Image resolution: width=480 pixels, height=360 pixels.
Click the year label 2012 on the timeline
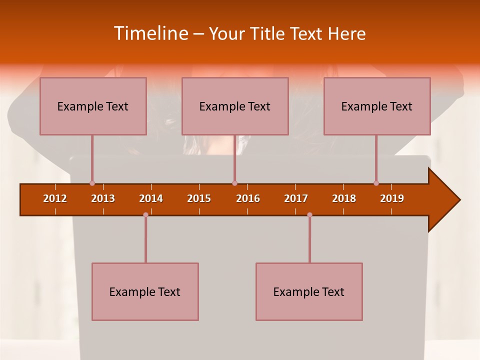55,198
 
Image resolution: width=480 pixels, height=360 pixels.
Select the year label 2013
103,198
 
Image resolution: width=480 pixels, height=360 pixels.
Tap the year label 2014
151,198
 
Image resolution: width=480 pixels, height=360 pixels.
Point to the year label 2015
199,198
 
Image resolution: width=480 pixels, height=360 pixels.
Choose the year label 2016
248,198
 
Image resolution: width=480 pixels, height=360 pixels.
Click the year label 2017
296,198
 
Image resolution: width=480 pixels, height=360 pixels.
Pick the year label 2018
344,198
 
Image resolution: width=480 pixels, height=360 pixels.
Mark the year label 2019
392,198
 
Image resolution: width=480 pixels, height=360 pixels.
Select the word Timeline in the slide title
150,33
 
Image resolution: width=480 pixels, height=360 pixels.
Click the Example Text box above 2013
93,106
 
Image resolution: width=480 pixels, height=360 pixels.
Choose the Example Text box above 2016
235,106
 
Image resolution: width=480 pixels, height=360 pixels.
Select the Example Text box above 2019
377,106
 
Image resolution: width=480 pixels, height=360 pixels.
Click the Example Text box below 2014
145,291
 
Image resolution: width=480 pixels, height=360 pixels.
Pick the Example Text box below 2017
309,291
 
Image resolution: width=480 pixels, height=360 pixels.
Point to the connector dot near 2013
92,183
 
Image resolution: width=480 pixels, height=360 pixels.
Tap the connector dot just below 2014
145,214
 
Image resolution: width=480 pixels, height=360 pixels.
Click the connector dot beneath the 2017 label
309,214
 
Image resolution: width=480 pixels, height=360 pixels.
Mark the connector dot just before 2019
376,183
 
